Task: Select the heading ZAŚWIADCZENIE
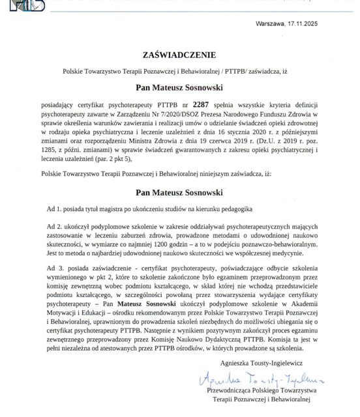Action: (179, 54)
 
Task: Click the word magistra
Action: (123, 207)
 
